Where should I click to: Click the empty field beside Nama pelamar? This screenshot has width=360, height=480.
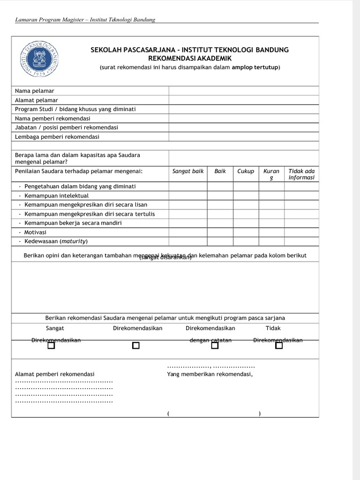(244, 90)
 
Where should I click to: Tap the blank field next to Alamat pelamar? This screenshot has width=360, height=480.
(244, 100)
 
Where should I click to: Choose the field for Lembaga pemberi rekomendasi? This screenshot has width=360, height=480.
(244, 137)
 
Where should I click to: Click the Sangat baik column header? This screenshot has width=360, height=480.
(188, 171)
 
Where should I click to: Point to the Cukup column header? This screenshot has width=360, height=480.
(246, 171)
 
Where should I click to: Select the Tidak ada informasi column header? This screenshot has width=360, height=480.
(301, 174)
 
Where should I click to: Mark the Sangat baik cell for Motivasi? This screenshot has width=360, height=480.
(188, 232)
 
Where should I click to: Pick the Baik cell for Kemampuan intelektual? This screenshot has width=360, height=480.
(220, 195)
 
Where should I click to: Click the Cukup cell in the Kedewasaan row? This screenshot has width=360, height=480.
(246, 241)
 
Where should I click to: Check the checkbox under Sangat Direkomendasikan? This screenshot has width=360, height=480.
(51, 345)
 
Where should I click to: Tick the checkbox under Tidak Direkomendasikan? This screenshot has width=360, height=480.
(279, 345)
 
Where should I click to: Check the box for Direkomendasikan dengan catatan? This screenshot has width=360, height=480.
(215, 345)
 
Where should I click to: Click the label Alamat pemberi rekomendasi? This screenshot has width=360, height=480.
(55, 374)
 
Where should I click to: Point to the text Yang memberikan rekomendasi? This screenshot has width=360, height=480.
(210, 374)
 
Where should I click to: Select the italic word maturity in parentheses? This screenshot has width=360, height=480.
(74, 241)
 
